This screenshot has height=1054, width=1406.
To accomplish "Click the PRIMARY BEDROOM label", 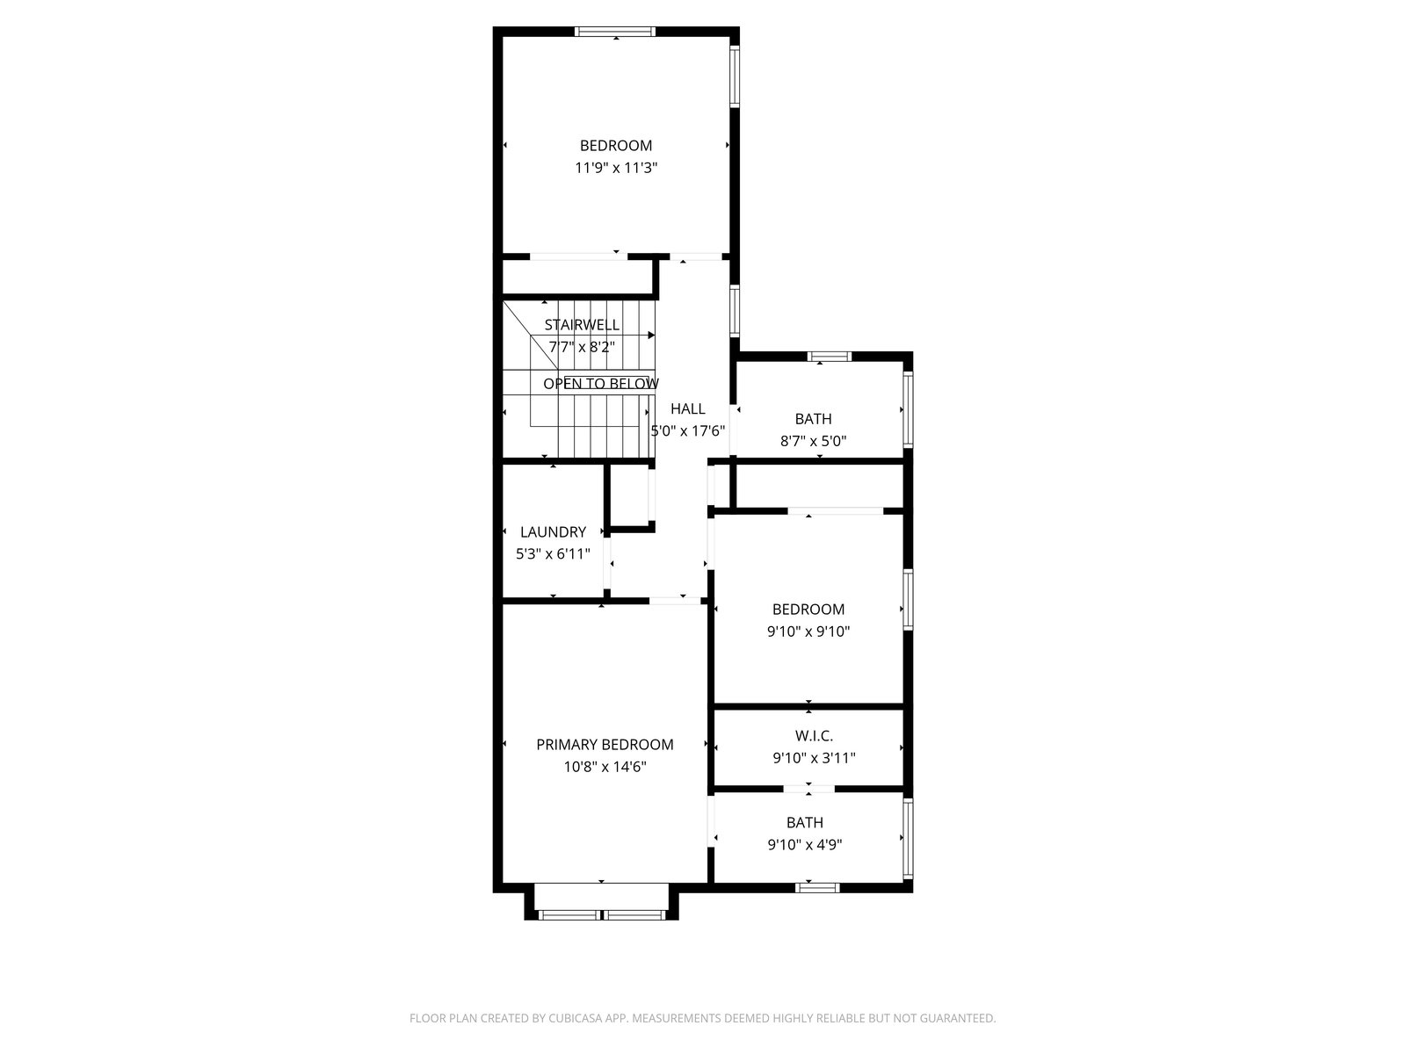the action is tap(604, 744).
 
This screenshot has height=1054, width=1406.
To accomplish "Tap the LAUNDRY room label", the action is tap(553, 531).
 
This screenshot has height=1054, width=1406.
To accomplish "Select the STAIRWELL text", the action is tap(582, 324).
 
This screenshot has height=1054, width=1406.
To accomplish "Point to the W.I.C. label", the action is tap(814, 736).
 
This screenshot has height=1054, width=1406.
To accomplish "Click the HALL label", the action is tap(687, 408).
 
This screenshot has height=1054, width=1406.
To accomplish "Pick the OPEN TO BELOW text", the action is tap(601, 383).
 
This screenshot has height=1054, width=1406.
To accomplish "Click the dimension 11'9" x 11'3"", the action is tap(616, 168).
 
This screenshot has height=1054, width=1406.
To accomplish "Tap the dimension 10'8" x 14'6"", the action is tap(605, 767).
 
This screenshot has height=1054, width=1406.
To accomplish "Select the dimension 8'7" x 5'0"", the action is tap(813, 441).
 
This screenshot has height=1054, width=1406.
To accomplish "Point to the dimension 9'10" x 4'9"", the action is tap(805, 845).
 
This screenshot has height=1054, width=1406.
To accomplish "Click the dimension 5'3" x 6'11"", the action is tap(553, 553).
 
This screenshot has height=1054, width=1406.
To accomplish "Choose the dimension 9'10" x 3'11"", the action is tap(814, 758).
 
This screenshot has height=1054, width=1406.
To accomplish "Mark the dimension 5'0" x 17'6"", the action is tap(687, 430).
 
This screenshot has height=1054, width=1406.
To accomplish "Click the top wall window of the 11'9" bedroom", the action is tap(615, 32).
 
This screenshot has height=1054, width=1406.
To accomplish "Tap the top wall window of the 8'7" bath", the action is tap(829, 357).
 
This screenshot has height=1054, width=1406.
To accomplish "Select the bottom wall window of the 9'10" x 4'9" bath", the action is tap(817, 888).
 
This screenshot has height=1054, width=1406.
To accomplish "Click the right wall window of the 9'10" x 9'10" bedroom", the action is tap(908, 600).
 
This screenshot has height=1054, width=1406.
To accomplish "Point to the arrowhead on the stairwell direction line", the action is tap(651, 335).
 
